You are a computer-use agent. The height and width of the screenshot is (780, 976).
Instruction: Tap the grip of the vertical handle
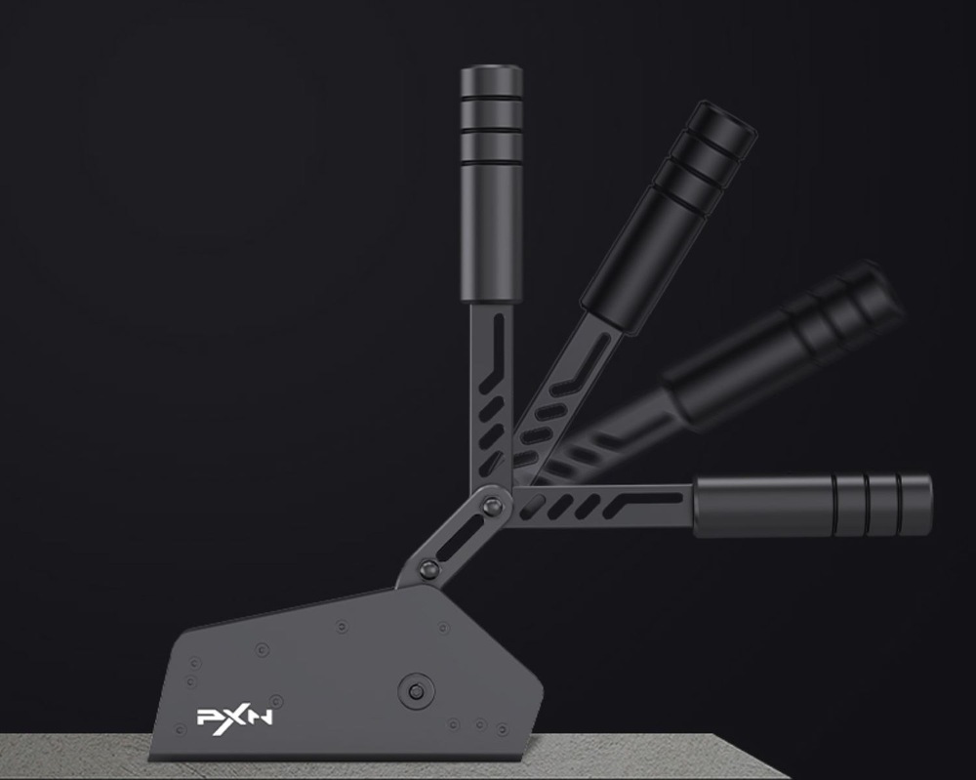[x=491, y=185]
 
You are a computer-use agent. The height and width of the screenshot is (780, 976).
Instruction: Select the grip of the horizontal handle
[x=812, y=506]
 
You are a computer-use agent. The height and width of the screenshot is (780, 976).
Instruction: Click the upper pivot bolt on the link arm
[x=493, y=507]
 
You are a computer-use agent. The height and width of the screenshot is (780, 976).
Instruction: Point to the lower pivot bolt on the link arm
[x=428, y=568]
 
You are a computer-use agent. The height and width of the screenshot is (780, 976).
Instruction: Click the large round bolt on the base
[x=416, y=690]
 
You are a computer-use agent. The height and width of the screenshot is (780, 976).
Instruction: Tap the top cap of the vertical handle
[x=491, y=80]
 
